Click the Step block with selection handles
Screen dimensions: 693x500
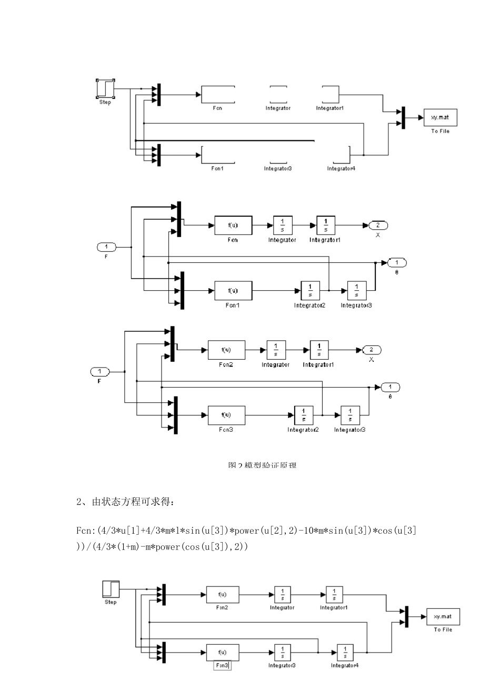pos(105,88)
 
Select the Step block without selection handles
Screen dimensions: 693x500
pos(111,589)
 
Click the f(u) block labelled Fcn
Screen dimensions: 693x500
pos(233,226)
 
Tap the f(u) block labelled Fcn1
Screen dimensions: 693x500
pos(233,290)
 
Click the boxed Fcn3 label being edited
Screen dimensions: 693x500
pos(222,665)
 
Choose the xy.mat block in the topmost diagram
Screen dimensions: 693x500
pos(440,118)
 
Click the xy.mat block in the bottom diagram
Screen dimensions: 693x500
pos(443,616)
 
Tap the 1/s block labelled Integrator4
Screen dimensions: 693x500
pos(345,653)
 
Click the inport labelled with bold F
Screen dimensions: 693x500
pos(99,372)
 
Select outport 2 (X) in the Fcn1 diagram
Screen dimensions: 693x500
pos(378,226)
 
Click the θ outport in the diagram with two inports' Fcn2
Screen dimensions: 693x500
pos(390,388)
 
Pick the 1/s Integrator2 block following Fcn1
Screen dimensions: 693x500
pos(310,290)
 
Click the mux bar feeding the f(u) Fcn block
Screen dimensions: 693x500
pos(179,219)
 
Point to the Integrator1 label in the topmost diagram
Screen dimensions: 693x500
pos(329,108)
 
